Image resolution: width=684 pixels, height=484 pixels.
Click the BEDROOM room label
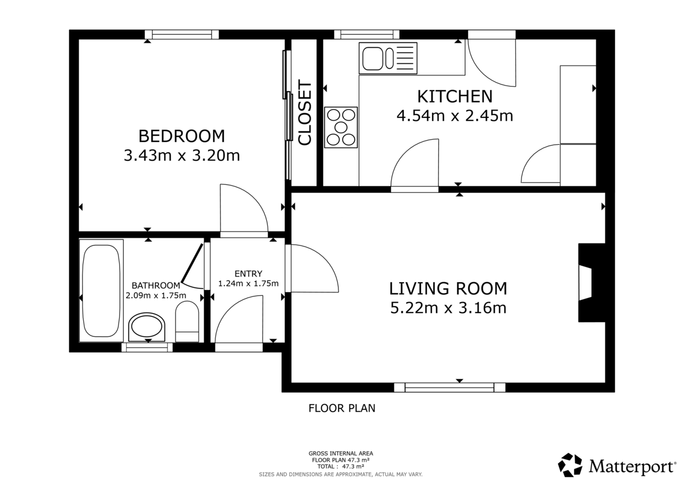181,136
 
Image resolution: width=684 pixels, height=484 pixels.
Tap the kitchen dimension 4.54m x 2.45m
454,116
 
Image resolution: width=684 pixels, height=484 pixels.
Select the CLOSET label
306,113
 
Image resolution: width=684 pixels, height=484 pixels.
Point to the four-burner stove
341,127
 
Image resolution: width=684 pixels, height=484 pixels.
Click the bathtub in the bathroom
101,291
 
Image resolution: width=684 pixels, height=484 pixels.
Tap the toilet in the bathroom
186,322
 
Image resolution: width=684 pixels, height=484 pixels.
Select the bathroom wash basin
148,327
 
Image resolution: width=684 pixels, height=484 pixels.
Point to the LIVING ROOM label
448,288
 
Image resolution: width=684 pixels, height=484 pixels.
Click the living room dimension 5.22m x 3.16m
448,308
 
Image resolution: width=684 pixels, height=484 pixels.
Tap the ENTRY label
248,274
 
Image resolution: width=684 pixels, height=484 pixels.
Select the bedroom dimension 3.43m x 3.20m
181,156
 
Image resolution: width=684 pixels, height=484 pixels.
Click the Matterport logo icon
570,465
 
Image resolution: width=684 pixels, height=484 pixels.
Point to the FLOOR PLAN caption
342,408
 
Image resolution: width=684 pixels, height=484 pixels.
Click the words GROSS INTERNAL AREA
340,454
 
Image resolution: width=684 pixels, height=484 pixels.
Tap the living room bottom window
449,388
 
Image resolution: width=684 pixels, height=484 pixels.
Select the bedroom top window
181,35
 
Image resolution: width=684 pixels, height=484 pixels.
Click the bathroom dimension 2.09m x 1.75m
156,295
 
